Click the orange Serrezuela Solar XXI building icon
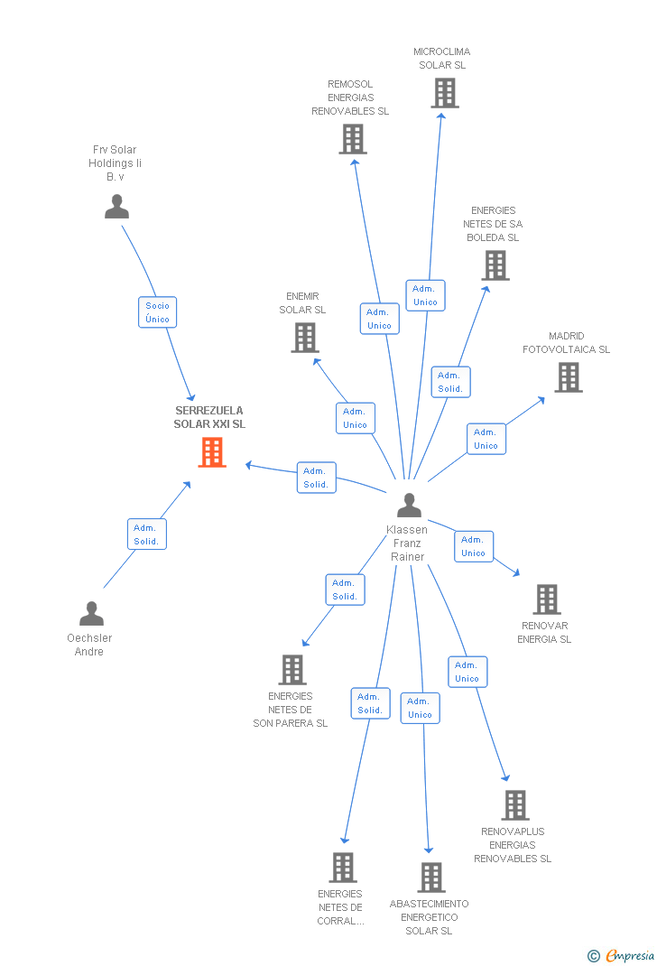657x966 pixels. click(x=212, y=452)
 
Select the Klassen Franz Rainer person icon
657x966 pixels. click(x=409, y=506)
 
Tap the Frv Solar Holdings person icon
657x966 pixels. click(x=116, y=207)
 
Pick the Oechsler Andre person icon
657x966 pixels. click(x=91, y=614)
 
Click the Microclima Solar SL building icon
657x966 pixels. click(x=444, y=92)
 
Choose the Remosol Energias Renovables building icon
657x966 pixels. click(x=353, y=139)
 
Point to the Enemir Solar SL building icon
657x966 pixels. click(x=305, y=338)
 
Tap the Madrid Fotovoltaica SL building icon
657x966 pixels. click(x=568, y=377)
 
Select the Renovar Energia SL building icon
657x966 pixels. click(x=546, y=599)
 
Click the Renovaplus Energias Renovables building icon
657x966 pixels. click(x=514, y=805)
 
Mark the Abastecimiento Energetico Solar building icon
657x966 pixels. click(x=430, y=878)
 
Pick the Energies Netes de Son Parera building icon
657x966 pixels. click(x=292, y=670)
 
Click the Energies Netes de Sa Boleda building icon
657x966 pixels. click(x=495, y=265)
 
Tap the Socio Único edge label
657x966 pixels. click(x=158, y=312)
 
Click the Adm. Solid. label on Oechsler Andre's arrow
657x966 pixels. click(x=146, y=534)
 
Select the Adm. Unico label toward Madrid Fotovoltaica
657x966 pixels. click(x=486, y=439)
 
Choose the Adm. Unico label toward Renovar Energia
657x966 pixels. click(x=474, y=546)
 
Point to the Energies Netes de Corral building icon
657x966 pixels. click(x=343, y=868)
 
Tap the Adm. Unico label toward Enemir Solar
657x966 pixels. click(x=356, y=418)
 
